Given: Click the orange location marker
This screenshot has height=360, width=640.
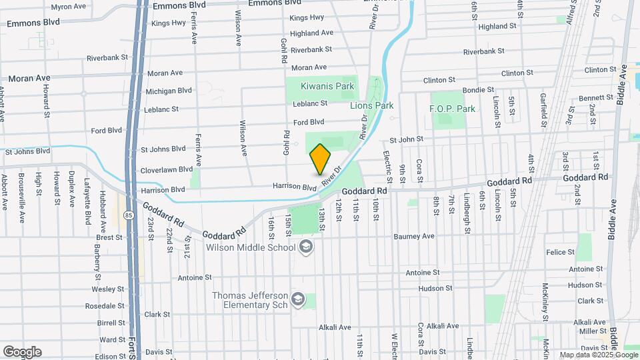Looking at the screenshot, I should (x=320, y=159).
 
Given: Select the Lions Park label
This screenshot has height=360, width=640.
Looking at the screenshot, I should (x=372, y=105).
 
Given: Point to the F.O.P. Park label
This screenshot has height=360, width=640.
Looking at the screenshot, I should (x=452, y=109).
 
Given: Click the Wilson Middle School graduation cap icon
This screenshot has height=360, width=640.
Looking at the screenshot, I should (x=306, y=247).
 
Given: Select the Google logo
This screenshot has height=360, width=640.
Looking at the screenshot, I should (x=22, y=351).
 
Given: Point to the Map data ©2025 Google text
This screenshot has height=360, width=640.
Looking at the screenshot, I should (x=597, y=355).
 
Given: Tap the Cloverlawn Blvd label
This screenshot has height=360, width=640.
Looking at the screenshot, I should (x=163, y=171).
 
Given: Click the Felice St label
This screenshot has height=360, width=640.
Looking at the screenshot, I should (x=560, y=252).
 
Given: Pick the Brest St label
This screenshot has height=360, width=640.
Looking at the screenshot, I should (x=109, y=237).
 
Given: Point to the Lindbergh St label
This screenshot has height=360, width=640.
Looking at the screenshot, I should (x=467, y=215).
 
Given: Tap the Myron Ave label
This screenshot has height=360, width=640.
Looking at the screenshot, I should (x=69, y=7).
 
